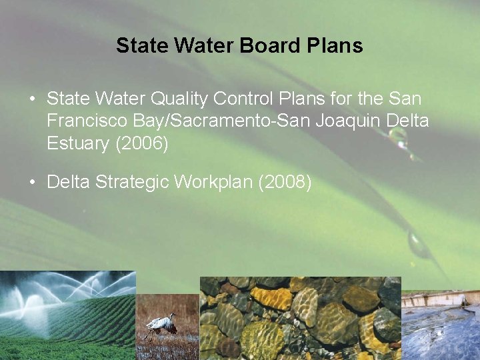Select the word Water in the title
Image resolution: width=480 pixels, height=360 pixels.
[x=204, y=45]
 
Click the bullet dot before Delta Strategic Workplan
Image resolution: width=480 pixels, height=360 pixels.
[x=33, y=182]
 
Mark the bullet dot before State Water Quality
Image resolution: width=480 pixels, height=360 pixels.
[x=33, y=99]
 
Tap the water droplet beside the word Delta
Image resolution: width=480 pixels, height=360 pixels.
[x=398, y=137]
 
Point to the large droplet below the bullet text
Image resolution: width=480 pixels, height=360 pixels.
[x=419, y=244]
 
